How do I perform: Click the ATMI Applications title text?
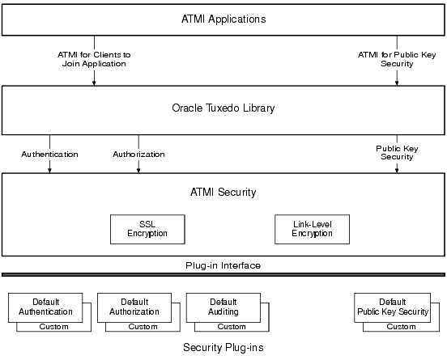coord(223,18)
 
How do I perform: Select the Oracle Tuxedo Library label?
coord(223,107)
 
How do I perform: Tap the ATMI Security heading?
coord(223,192)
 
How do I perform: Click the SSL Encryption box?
coord(147,228)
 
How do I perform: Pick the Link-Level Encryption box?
coord(312,228)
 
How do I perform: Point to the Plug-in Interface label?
coord(223,265)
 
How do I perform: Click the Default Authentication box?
coord(45,307)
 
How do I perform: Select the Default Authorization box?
coord(134,307)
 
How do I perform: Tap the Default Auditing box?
coord(223,307)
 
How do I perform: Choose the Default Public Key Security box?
coord(392,307)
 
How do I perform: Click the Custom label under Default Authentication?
coord(54,327)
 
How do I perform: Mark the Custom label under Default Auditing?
coord(232,327)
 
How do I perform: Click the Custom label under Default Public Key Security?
coord(401,327)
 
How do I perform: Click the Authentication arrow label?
coord(50,154)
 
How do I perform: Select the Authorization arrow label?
coord(138,154)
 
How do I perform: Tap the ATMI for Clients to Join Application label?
coord(96,59)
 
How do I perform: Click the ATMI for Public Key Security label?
coord(396,59)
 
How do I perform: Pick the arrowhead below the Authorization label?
coord(138,170)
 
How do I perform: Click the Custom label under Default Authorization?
coord(143,327)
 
